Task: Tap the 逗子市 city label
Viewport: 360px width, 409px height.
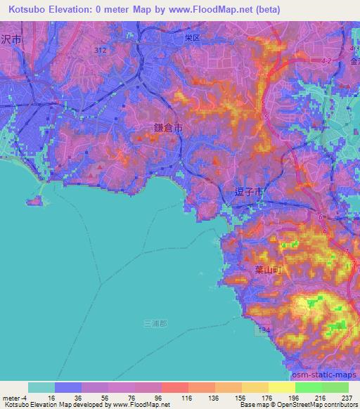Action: (248, 190)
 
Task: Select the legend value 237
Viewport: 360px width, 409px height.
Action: (345, 397)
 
